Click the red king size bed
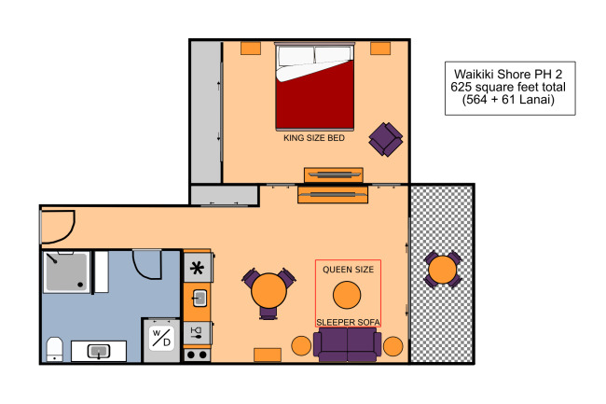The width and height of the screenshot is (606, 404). (x=314, y=86)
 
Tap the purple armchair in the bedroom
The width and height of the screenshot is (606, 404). (x=386, y=139)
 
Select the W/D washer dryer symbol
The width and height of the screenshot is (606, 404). (x=161, y=339)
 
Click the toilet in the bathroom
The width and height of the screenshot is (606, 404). (x=54, y=349)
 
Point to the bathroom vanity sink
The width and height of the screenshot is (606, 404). (x=99, y=351)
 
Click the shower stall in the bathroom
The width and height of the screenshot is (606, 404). (x=66, y=272)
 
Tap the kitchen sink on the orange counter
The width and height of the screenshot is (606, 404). (x=200, y=299)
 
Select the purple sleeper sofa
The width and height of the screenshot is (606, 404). (x=348, y=344)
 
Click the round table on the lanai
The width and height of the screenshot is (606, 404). (x=443, y=270)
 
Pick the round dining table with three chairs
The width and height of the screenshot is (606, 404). (x=269, y=291)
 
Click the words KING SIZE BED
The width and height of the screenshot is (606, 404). (x=314, y=138)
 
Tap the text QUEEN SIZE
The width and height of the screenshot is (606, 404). (x=349, y=270)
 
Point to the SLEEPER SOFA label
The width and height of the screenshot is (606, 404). (x=348, y=322)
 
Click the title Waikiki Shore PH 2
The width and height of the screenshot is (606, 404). (x=508, y=74)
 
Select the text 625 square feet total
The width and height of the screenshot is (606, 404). (x=508, y=87)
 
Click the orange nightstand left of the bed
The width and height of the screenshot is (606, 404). (x=251, y=49)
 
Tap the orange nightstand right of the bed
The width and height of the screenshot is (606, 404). (x=380, y=49)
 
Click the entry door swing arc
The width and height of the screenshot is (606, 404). (x=70, y=232)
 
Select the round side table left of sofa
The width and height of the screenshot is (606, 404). (x=301, y=345)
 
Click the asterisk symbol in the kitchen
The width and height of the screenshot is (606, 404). (x=197, y=268)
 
